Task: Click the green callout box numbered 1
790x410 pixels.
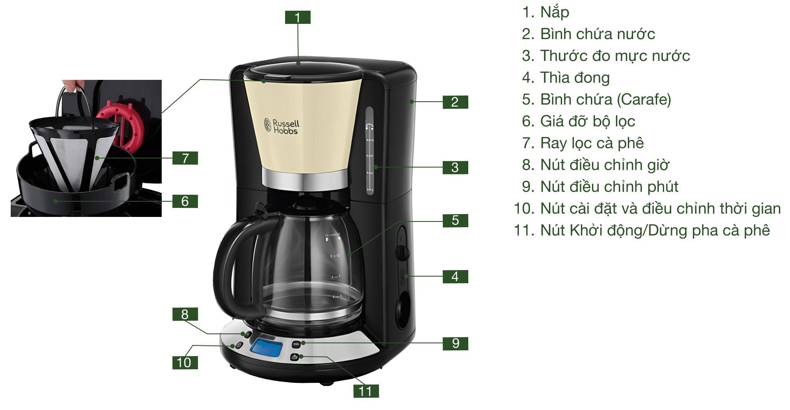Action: click(297, 17)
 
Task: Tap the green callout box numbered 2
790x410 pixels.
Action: click(455, 102)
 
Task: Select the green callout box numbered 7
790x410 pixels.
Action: click(185, 158)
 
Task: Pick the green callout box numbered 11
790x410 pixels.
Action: click(366, 391)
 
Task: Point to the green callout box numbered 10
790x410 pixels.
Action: click(184, 362)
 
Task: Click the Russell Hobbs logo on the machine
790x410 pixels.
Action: click(281, 126)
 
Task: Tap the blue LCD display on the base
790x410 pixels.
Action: click(266, 350)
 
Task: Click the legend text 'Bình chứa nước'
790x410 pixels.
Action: click(597, 34)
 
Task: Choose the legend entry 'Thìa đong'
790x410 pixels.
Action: click(575, 77)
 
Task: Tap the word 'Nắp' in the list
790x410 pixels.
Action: click(555, 12)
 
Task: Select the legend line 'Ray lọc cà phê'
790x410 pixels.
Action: click(592, 143)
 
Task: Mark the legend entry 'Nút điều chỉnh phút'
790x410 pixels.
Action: click(609, 186)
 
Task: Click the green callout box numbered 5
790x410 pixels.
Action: click(455, 220)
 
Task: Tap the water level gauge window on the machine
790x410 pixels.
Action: click(369, 150)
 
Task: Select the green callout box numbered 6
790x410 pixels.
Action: click(185, 201)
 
